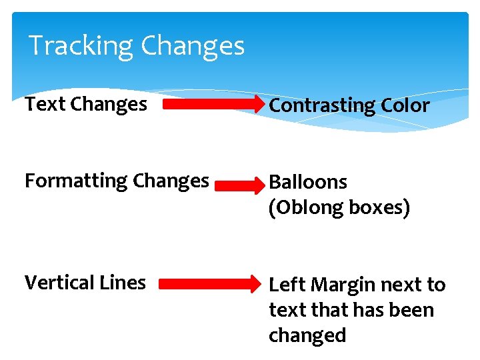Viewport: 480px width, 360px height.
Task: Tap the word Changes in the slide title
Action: coord(193,46)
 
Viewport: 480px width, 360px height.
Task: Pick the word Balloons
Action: coord(307,182)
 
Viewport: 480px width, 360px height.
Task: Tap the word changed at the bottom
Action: coord(307,335)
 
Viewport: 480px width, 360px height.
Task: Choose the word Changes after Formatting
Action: coord(171,181)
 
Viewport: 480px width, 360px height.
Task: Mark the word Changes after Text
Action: coord(108,104)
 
